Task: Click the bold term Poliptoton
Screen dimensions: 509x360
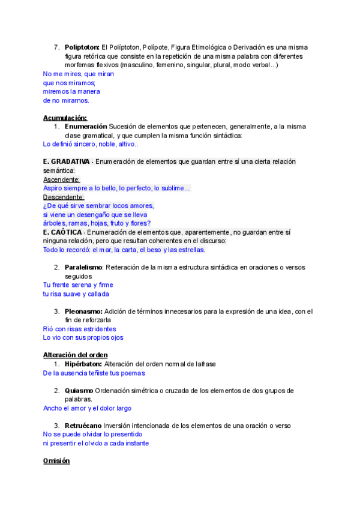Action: point(82,47)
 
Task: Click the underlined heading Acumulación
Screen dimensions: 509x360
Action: point(65,118)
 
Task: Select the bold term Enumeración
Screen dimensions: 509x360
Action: point(85,127)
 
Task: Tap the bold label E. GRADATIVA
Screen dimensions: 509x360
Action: point(67,162)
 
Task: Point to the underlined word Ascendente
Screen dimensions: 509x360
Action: point(62,179)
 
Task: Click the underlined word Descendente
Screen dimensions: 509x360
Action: point(64,197)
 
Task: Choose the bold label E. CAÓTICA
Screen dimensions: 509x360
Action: point(64,232)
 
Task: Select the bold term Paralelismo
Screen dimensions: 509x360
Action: point(83,267)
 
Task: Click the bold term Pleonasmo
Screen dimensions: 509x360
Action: point(83,312)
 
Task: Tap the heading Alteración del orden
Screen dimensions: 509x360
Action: point(76,355)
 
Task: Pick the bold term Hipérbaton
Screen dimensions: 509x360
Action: point(83,364)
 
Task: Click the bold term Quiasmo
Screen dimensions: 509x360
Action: point(79,391)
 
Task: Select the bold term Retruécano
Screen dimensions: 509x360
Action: point(85,426)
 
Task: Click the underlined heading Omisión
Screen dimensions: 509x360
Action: point(56,461)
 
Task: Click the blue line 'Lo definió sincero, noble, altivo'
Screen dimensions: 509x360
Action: point(91,145)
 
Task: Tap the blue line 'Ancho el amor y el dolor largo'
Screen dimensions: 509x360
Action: point(87,408)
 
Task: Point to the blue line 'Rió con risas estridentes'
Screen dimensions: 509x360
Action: point(80,329)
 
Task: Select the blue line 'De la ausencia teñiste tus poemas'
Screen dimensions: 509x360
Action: point(94,373)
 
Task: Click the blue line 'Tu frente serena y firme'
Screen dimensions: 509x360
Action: point(78,285)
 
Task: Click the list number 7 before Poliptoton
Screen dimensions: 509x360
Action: point(56,47)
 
